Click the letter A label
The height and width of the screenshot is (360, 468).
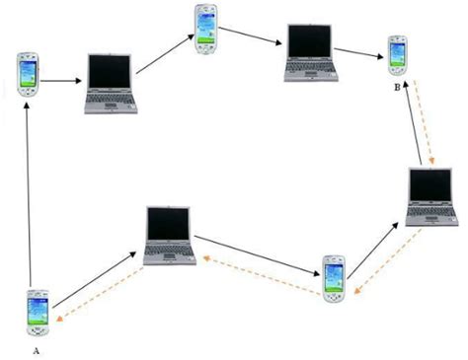[x=37, y=349]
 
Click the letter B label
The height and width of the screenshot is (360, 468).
[x=396, y=88]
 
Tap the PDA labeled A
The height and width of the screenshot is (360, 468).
[x=39, y=314]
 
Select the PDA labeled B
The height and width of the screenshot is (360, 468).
[x=397, y=55]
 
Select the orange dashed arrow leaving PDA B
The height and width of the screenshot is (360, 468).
[x=420, y=128]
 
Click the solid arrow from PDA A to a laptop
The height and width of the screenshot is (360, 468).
[x=95, y=278]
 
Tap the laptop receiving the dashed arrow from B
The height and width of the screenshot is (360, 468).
[x=433, y=197]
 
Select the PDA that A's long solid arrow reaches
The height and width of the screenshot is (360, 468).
[x=27, y=74]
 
